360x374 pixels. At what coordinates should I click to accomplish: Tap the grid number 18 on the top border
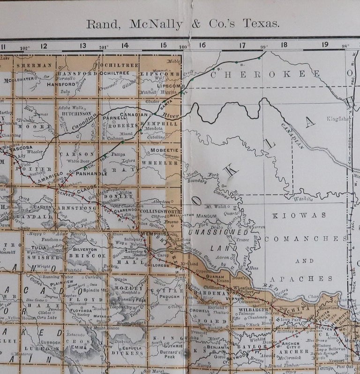tap(284, 45)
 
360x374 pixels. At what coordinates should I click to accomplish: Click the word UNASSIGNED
tap(217, 232)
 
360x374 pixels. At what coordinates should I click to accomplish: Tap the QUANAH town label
tap(216, 276)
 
